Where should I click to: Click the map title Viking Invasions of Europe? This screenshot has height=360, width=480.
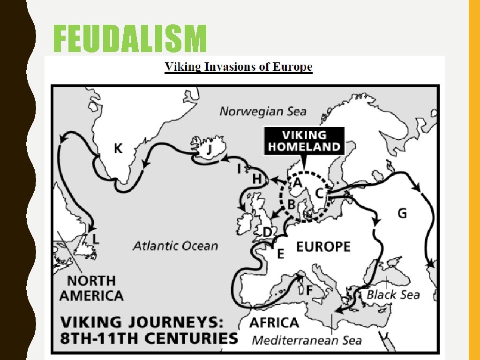coord(239,67)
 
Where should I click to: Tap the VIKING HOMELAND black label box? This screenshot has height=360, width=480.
coord(304,141)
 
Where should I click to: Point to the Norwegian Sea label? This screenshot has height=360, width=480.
coord(262,111)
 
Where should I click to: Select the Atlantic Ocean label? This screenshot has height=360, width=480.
coord(175,246)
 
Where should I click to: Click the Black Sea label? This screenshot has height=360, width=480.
coord(393,294)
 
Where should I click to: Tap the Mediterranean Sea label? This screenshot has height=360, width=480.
coord(307,340)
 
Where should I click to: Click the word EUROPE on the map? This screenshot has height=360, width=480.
coord(323,246)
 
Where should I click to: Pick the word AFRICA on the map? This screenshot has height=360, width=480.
coord(274,322)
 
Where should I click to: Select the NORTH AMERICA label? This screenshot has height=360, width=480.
coord(91,288)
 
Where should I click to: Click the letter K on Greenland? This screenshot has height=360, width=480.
coord(118,149)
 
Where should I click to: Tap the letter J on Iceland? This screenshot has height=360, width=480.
coord(209,149)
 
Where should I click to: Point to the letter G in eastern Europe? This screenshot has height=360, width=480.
coord(402,214)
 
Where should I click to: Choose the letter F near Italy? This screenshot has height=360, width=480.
coord(309,290)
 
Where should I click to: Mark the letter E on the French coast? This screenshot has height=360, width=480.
coord(280,254)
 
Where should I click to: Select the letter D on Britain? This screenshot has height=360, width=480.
coord(267,232)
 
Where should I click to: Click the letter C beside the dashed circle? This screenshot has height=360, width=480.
coord(319,193)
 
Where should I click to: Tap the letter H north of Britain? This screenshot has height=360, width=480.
coord(257,179)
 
